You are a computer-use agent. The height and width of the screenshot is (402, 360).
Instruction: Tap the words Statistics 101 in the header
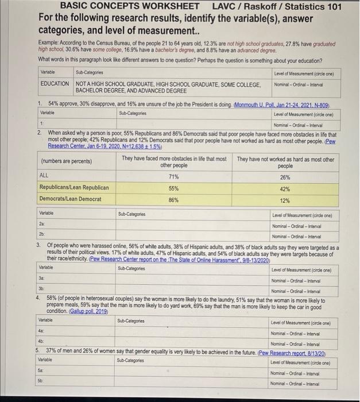(x=311, y=6)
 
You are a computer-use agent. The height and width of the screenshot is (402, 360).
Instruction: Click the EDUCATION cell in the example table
(x=55, y=84)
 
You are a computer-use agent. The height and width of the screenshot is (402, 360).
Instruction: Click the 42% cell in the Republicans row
(x=285, y=188)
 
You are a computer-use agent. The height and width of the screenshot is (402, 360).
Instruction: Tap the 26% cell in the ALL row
(x=285, y=176)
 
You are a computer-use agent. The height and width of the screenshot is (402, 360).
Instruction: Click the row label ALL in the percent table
(x=44, y=176)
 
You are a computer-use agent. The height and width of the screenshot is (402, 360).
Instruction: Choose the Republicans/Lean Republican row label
(x=73, y=188)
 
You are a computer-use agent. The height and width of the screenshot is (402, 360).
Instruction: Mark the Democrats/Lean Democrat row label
(x=70, y=199)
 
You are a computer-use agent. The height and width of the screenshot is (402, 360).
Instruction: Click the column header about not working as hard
(x=285, y=163)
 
